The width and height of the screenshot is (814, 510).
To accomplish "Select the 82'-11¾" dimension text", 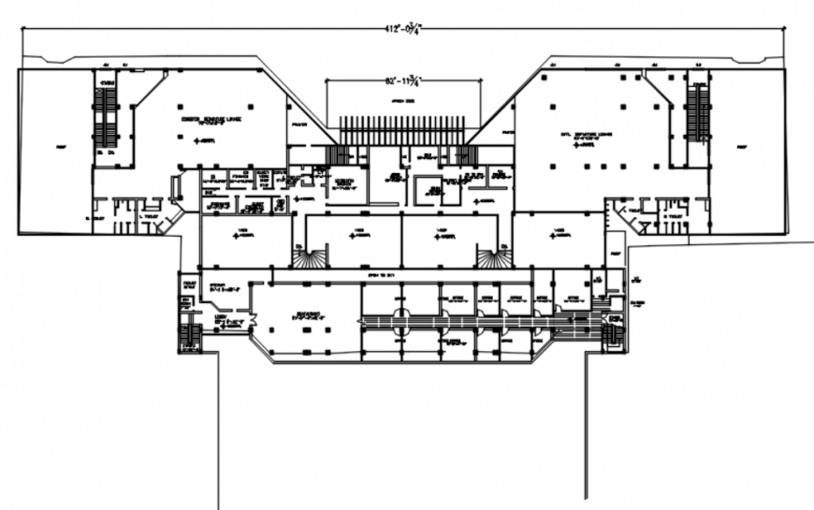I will coord(403,82).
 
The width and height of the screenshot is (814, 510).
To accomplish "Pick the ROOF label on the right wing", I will coord(744,147).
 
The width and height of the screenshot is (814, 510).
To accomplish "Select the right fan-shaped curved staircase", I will coord(490,256).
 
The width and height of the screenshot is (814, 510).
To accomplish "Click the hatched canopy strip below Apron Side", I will coord(403,130).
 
